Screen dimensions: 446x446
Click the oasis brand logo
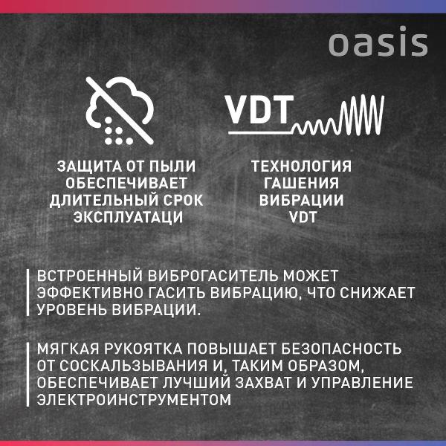pyautogui.click(x=378, y=44)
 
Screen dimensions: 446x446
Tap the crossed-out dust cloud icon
pyautogui.click(x=120, y=112)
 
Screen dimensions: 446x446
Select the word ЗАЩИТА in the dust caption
pyautogui.click(x=86, y=167)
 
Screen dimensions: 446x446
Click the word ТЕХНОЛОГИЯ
pyautogui.click(x=301, y=167)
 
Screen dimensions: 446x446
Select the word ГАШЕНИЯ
pyautogui.click(x=301, y=184)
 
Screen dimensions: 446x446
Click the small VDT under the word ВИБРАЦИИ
pyautogui.click(x=301, y=218)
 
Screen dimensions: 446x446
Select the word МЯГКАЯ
pyautogui.click(x=65, y=348)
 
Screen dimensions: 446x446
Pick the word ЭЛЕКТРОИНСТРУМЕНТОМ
pyautogui.click(x=134, y=400)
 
